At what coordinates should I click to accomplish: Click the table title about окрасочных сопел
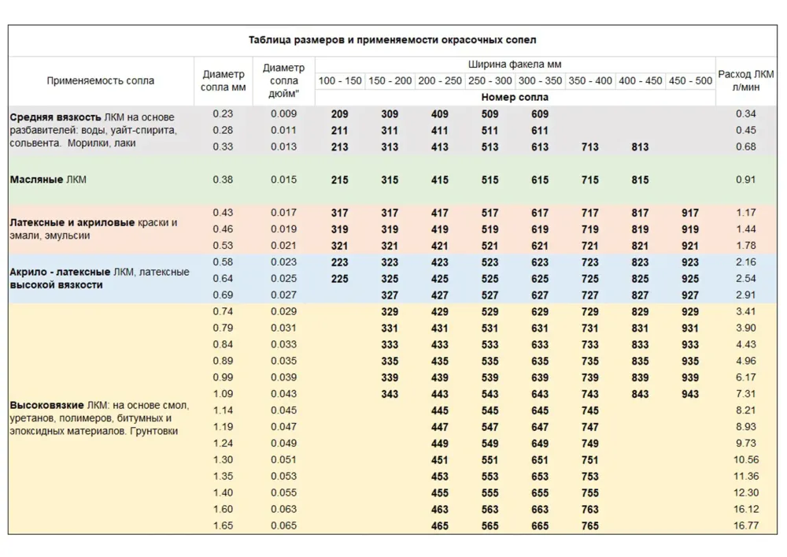[392, 39]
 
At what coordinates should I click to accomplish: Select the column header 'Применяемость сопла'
[100, 80]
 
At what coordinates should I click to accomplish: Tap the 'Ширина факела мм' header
[515, 65]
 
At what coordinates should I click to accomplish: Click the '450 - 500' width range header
[690, 81]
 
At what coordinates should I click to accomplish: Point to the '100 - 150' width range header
[340, 81]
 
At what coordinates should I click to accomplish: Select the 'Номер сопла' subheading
[515, 98]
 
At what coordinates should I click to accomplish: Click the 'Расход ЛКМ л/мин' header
[745, 80]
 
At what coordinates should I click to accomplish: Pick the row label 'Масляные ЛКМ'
[48, 180]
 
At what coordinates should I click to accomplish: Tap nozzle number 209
[340, 114]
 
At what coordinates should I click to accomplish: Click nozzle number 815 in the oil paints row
[640, 180]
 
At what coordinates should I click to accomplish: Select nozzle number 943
[690, 394]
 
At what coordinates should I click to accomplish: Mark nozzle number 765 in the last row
[589, 525]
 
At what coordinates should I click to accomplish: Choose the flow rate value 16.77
[745, 525]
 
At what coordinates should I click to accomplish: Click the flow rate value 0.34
[745, 114]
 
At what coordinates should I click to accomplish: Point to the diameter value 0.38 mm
[223, 180]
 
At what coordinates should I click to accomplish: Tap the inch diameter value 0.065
[283, 525]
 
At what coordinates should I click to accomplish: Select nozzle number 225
[340, 279]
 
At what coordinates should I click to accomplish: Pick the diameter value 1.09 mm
[223, 394]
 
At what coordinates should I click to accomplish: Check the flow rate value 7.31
[745, 394]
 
